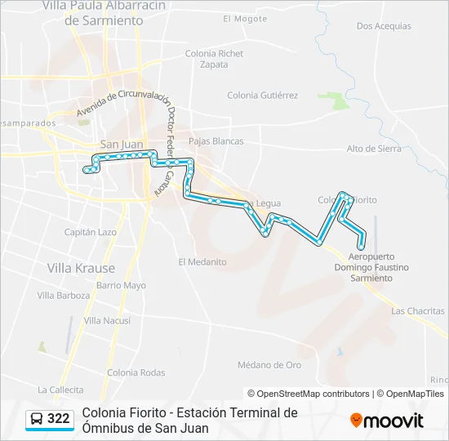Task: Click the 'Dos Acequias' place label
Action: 384,26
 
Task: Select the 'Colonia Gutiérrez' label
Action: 262,96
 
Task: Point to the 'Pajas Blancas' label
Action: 216,141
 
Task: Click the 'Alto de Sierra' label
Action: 373,149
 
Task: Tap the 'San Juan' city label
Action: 121,145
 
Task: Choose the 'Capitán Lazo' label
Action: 90,232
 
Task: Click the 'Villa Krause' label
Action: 81,268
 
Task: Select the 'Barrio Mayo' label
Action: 121,286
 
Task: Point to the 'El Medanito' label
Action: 202,262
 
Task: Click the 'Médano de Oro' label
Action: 269,364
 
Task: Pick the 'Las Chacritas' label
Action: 418,311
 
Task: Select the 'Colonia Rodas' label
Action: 136,372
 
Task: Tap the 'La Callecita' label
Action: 60,390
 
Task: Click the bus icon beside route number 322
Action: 37,419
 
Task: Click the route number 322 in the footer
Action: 58,419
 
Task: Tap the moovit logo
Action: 387,421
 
